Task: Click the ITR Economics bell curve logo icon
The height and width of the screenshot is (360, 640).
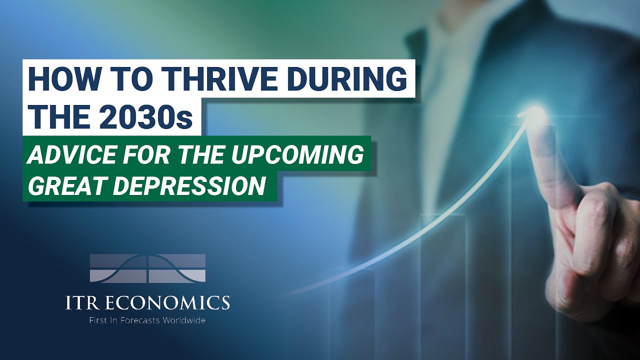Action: [147, 268]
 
